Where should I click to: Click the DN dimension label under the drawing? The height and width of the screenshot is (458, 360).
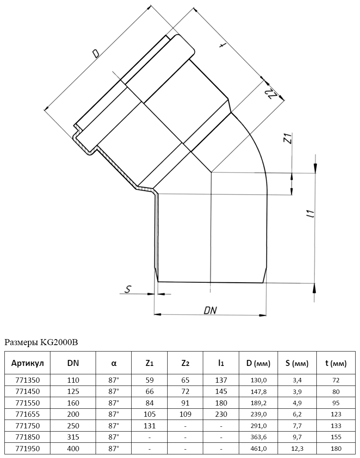point(210,310)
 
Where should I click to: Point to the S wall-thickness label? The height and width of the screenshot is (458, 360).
point(128,289)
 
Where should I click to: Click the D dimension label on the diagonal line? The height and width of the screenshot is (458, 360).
point(95,54)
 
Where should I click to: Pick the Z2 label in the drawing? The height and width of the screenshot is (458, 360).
point(270,93)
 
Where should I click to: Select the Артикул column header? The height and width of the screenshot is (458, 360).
point(28,363)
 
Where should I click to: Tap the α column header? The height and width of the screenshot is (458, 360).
point(114,364)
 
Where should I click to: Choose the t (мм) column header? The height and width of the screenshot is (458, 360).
point(336,364)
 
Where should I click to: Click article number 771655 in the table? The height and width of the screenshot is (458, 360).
point(28,414)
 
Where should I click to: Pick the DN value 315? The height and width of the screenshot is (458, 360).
point(73,437)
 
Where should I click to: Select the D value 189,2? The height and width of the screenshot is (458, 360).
point(258,403)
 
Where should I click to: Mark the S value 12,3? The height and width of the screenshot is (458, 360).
point(297,448)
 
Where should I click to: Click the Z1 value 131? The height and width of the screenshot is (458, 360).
point(150,426)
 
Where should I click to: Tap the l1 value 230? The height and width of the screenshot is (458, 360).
point(221,414)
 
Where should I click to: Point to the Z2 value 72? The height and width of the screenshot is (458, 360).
point(185,392)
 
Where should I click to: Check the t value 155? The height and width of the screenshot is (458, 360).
point(336,437)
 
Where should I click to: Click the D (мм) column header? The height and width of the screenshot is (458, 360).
point(258,364)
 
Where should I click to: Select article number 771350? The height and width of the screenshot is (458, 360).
point(28,380)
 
